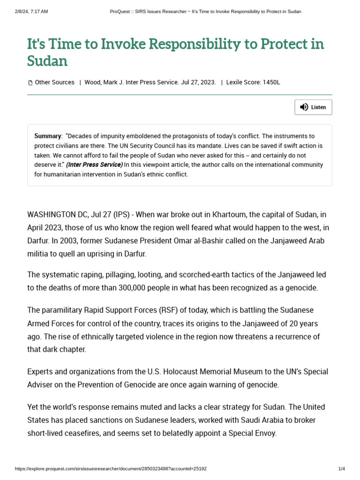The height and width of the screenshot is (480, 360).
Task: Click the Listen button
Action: coord(313,107)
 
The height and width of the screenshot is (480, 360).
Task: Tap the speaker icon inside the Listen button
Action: coord(304,107)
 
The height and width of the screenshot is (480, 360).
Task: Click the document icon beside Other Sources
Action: coord(30,83)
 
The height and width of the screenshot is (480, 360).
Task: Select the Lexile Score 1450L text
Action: coord(253,82)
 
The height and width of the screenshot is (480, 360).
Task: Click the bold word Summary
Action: coord(48,136)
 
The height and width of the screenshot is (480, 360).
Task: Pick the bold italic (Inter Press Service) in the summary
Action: coord(94,165)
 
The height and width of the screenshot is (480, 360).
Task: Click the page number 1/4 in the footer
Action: coord(341,469)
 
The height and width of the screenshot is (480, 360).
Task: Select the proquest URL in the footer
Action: coord(111,469)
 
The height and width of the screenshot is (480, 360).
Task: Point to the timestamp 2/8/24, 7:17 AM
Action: coord(31,11)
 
